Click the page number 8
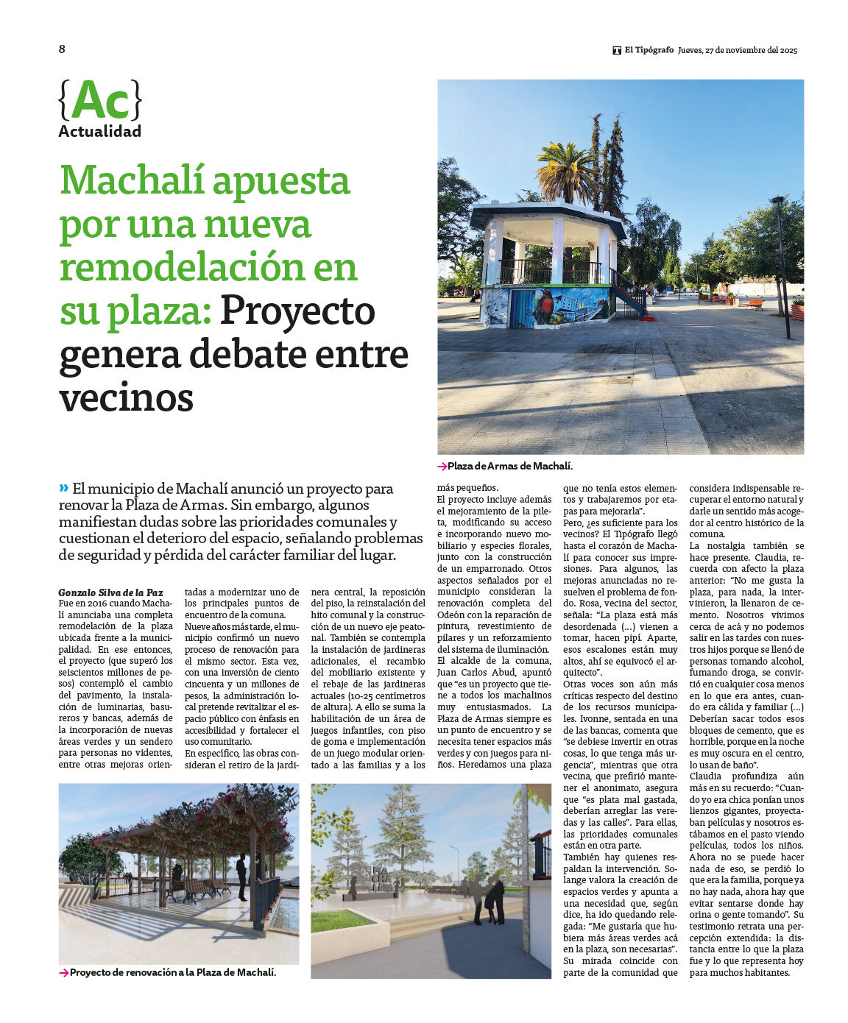pos(62,49)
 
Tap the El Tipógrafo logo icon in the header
pos(617,51)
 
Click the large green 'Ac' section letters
pos(100,101)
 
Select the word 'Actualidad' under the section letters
pos(99,132)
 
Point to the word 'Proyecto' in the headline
pos(297,311)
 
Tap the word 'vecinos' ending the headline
pos(126,398)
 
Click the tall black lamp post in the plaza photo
pos(782,265)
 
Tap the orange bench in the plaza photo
pos(753,303)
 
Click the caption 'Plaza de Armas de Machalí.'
pos(509,467)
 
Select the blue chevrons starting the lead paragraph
pos(64,487)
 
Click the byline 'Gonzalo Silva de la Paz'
pos(110,592)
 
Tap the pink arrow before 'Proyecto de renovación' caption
pos(64,973)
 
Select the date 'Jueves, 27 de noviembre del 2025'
pos(738,51)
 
